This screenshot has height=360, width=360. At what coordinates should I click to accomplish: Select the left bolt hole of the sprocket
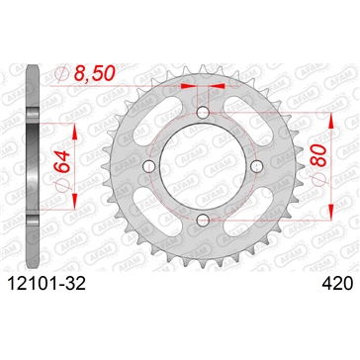coord(149,165)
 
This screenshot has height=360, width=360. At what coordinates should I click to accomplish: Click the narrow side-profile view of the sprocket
coord(36,165)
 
